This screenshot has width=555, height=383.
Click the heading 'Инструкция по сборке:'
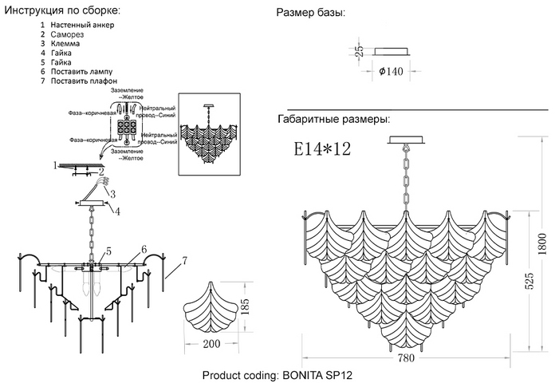pyautogui.click(x=63, y=10)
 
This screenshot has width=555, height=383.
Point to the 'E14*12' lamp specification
pyautogui.click(x=322, y=149)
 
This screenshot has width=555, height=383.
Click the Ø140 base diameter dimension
pyautogui.click(x=390, y=71)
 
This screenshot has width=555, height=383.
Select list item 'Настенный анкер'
pyautogui.click(x=82, y=26)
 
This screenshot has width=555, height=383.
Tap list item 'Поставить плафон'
pyautogui.click(x=84, y=81)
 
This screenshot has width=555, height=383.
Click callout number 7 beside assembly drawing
pyautogui.click(x=184, y=260)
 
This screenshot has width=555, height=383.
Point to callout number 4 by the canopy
pyautogui.click(x=117, y=211)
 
